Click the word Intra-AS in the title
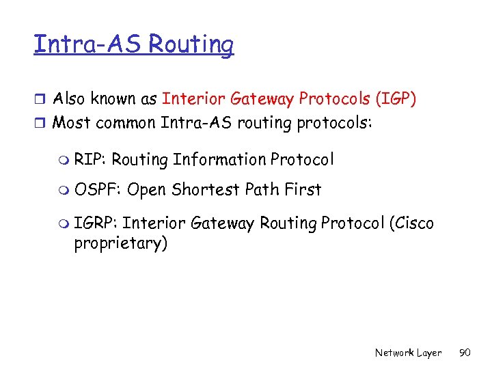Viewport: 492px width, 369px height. pos(87,44)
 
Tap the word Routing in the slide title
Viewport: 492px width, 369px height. pos(191,46)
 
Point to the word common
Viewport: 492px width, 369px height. pos(126,123)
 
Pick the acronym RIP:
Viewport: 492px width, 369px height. pos(90,160)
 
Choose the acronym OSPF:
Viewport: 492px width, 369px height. pos(98,189)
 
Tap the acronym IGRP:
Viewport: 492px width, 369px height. pos(96,224)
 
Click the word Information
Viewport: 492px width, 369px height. pos(219,160)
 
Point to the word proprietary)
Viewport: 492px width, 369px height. pos(120,244)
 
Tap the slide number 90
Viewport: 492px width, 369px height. pos(466,353)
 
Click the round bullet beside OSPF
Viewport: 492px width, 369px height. pos(63,190)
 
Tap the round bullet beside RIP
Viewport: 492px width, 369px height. pos(63,161)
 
